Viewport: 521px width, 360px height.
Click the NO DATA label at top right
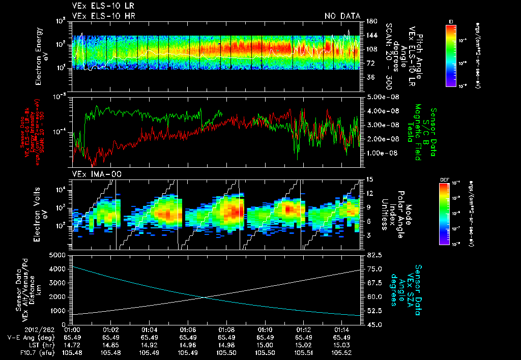click(x=342, y=16)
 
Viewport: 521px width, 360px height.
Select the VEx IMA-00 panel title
click(x=92, y=174)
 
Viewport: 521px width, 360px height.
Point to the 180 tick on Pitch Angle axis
click(x=370, y=21)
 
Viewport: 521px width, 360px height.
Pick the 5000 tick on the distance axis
click(x=60, y=254)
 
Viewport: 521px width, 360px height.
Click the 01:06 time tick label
click(x=188, y=329)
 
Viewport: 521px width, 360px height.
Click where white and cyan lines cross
click(x=204, y=297)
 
